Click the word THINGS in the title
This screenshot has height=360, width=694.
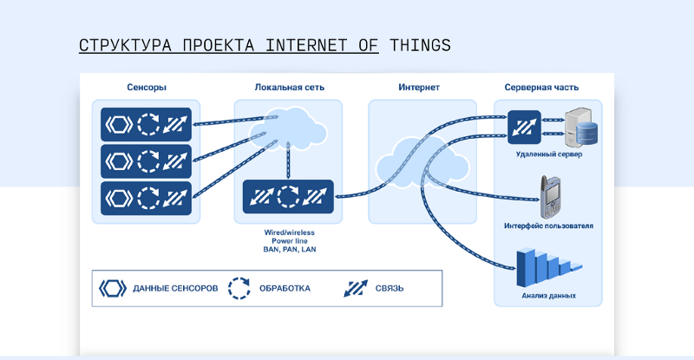[x=420, y=45]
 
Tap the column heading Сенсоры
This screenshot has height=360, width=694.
[x=147, y=88]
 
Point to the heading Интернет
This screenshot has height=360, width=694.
[x=419, y=88]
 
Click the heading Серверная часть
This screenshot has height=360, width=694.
[x=541, y=88]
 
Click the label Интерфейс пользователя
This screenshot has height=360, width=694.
[x=548, y=226]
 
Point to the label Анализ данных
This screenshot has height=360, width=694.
[x=548, y=296]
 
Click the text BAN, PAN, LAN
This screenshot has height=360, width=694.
[x=290, y=249]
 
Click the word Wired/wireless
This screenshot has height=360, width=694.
[x=290, y=232]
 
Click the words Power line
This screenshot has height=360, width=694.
[x=290, y=241]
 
